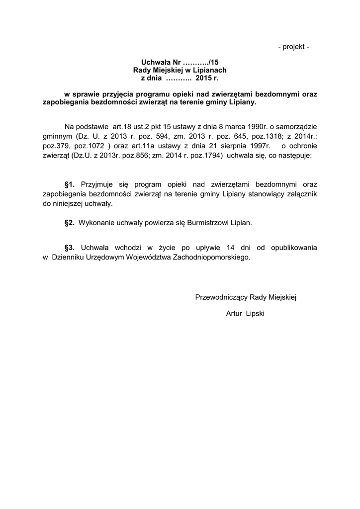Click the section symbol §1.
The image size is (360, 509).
coord(70,184)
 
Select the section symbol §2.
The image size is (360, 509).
coord(70,223)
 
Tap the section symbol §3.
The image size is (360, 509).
coord(70,248)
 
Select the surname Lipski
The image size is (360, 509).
coord(255,315)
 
